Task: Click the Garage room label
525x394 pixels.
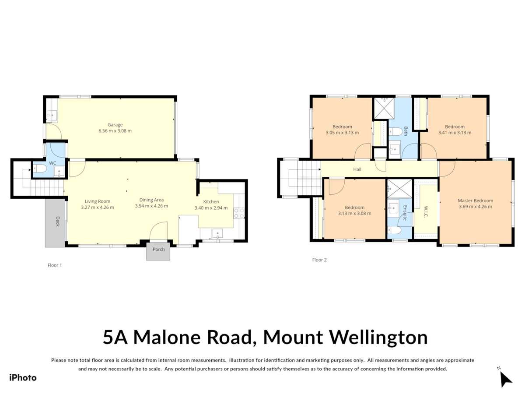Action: (x=115, y=125)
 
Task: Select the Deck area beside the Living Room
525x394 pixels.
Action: (x=55, y=223)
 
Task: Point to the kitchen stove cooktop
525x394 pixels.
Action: (x=239, y=213)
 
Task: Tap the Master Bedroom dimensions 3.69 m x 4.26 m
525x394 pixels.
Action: (x=475, y=207)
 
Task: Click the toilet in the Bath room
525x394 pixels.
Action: (x=396, y=131)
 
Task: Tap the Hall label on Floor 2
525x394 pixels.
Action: (x=357, y=169)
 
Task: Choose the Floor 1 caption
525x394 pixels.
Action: (x=55, y=265)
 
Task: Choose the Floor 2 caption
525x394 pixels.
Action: (x=319, y=260)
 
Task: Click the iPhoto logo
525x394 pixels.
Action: (x=23, y=377)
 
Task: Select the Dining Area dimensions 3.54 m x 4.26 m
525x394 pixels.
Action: (x=151, y=206)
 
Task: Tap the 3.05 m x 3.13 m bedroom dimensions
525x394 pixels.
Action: (x=342, y=133)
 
